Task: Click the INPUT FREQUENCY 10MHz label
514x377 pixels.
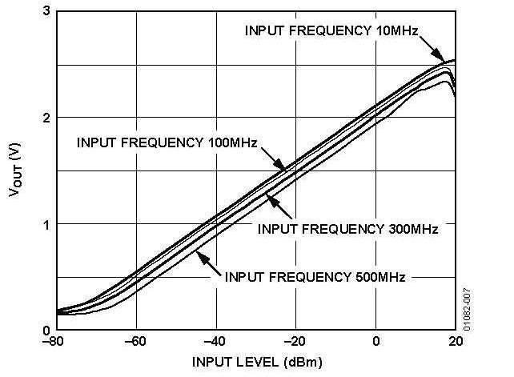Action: pos(331,31)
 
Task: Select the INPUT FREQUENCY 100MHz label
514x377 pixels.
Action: pos(167,143)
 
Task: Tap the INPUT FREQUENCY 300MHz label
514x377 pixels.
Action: pos(347,229)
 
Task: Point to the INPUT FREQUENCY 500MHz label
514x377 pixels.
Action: pos(315,277)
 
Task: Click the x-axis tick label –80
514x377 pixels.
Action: pos(57,343)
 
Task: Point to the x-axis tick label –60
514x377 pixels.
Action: pos(136,343)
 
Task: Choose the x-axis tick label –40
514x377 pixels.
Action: pos(216,343)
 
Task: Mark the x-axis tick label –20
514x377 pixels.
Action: pos(295,343)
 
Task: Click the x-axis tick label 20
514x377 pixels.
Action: pos(455,343)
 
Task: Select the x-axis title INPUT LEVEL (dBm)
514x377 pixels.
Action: pos(257,363)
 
